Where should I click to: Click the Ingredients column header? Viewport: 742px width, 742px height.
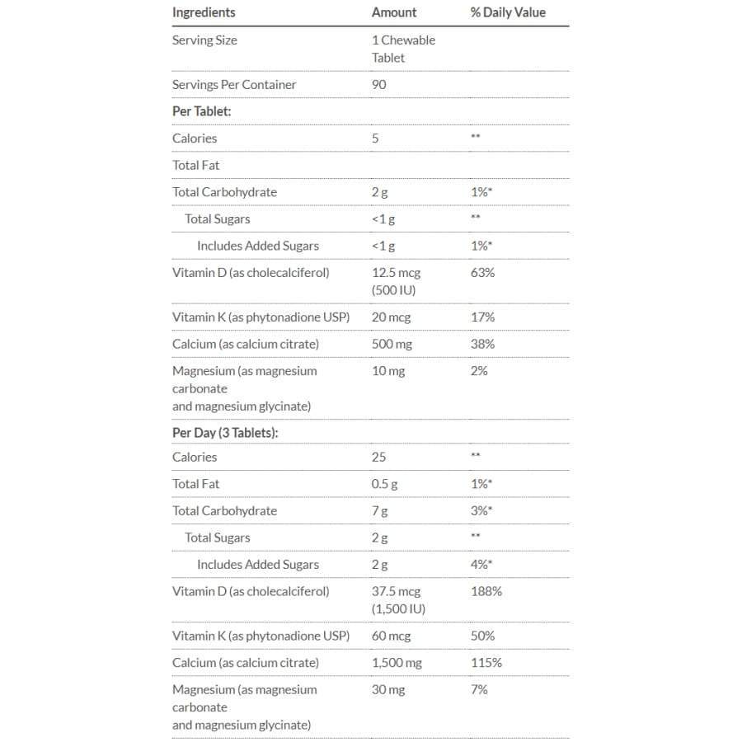pos(204,12)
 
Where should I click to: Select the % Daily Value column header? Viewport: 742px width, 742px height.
pos(508,12)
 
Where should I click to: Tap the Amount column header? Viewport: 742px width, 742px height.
pos(394,12)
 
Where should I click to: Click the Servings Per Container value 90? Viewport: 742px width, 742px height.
pos(379,84)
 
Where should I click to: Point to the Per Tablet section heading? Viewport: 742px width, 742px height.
pos(202,111)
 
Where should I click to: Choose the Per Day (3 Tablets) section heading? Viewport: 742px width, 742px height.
pos(225,433)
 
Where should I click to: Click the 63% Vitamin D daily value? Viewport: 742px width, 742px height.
pos(482,272)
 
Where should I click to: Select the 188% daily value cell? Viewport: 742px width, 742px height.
pos(486,591)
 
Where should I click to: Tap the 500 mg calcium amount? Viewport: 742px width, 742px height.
pos(392,344)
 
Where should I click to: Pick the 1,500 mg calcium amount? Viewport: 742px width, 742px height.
pos(397,663)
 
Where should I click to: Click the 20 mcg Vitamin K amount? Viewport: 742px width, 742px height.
pos(391,317)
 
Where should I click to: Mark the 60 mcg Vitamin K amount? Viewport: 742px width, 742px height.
pos(391,636)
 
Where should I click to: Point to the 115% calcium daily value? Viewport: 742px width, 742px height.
pos(486,663)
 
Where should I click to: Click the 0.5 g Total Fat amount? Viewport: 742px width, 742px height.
pos(384,484)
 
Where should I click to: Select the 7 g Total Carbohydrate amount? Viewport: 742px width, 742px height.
pos(380,510)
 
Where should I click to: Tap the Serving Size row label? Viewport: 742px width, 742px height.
pos(204,40)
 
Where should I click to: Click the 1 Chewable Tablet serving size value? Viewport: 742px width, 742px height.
pos(403,49)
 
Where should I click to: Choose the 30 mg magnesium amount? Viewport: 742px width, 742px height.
pos(388,689)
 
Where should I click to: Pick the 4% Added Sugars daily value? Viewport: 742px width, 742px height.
pos(481,564)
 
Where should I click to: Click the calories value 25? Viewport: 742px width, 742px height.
pos(379,457)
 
